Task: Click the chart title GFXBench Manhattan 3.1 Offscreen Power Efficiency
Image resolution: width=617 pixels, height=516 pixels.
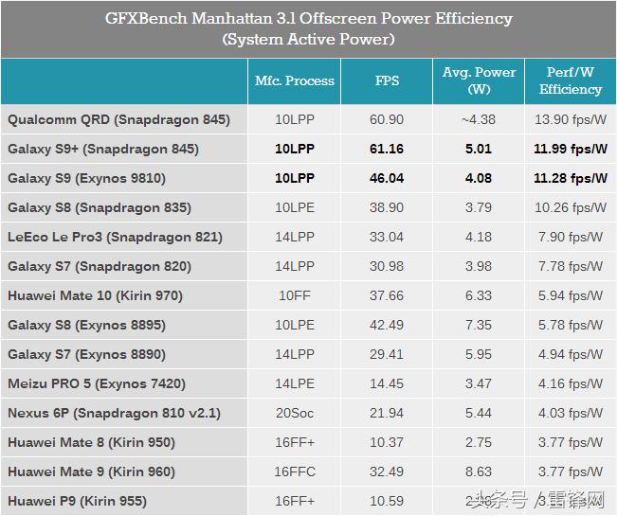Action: click(x=308, y=19)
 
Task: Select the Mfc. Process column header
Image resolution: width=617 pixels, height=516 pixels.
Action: click(x=295, y=81)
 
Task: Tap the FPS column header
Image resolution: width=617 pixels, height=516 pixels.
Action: click(x=387, y=81)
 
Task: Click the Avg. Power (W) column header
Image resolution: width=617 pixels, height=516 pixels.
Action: click(x=478, y=81)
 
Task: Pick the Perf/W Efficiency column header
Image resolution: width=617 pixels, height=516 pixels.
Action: click(x=571, y=81)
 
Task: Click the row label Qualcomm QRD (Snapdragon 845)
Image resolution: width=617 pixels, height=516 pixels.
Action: click(x=118, y=120)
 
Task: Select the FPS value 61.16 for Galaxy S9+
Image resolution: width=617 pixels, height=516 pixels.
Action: click(x=387, y=150)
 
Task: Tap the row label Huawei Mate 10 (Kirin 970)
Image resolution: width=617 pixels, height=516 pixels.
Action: click(x=95, y=295)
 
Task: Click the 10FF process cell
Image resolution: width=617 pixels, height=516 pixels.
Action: click(x=295, y=295)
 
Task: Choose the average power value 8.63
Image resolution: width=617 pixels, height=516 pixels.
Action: click(x=478, y=472)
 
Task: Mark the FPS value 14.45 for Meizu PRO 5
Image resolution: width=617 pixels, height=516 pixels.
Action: click(x=387, y=383)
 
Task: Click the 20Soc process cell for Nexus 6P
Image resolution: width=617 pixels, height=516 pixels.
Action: click(x=295, y=413)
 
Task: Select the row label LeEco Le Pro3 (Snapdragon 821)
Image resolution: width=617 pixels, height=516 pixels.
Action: click(x=115, y=237)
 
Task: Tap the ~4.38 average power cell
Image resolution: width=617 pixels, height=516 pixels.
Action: click(x=478, y=120)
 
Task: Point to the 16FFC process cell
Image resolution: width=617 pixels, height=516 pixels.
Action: click(x=295, y=472)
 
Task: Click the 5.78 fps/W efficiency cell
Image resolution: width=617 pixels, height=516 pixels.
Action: click(x=571, y=325)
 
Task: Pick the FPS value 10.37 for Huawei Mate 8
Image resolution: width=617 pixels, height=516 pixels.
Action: click(x=387, y=442)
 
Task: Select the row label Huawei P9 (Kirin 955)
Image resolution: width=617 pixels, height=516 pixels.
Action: click(x=77, y=501)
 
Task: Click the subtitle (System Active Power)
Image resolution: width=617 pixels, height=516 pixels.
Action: click(x=308, y=40)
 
